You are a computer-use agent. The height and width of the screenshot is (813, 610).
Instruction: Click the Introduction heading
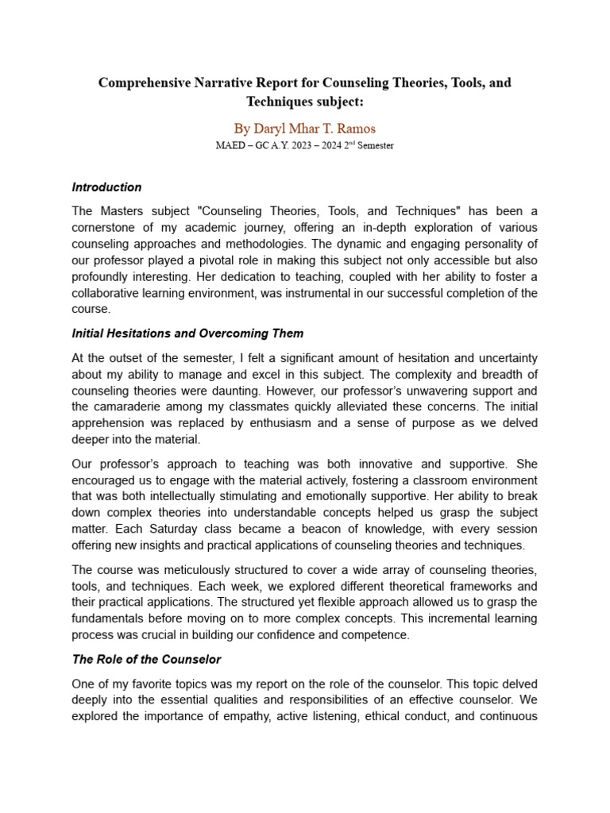(x=106, y=187)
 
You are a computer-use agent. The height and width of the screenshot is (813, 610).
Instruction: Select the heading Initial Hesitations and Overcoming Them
(x=187, y=333)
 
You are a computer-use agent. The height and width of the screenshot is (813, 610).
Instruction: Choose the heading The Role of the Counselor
(x=146, y=659)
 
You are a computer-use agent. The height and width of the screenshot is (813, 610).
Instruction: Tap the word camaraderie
(x=134, y=406)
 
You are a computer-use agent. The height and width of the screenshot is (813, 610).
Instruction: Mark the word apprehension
(x=110, y=423)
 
